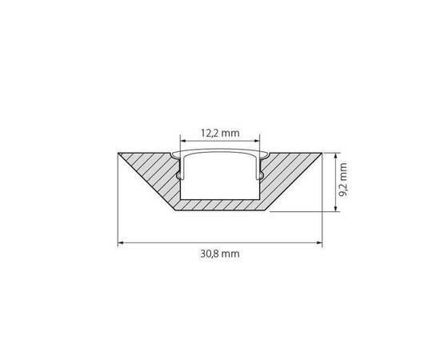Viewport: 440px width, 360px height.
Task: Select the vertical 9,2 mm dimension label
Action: coord(342,181)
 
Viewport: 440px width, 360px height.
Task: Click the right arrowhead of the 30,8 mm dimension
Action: coord(320,241)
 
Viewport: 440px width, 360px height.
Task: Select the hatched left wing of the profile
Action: coord(152,172)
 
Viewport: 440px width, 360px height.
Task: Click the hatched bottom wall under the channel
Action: coord(220,206)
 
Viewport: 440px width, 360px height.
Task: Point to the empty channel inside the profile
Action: coord(220,180)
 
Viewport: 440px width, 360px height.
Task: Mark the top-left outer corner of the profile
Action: coord(118,151)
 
